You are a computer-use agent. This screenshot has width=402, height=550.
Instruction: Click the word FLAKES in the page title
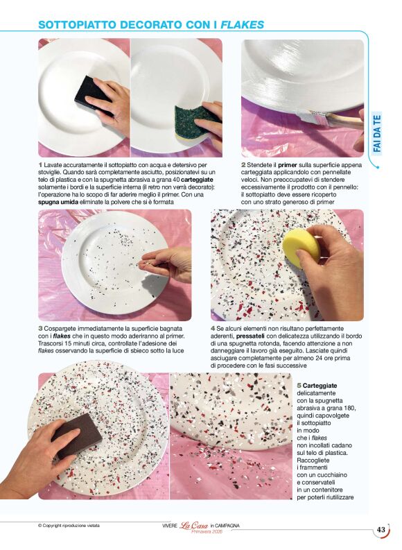242,24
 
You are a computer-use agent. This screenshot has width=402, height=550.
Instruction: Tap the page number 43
381,531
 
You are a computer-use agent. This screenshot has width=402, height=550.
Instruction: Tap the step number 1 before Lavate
40,164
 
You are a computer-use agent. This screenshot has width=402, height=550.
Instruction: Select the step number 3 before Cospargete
40,327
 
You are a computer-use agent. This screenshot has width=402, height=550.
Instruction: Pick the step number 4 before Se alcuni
213,327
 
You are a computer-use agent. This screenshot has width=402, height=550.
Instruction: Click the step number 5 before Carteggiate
299,384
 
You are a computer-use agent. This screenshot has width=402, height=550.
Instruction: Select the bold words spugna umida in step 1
58,202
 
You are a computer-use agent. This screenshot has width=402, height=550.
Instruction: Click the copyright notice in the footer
69,526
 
